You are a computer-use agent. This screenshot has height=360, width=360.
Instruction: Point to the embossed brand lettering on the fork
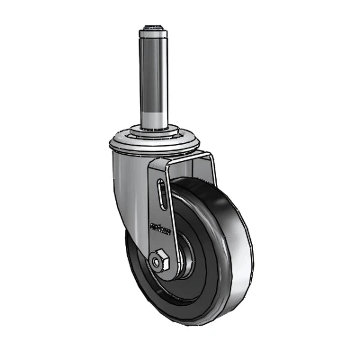[160, 229]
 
